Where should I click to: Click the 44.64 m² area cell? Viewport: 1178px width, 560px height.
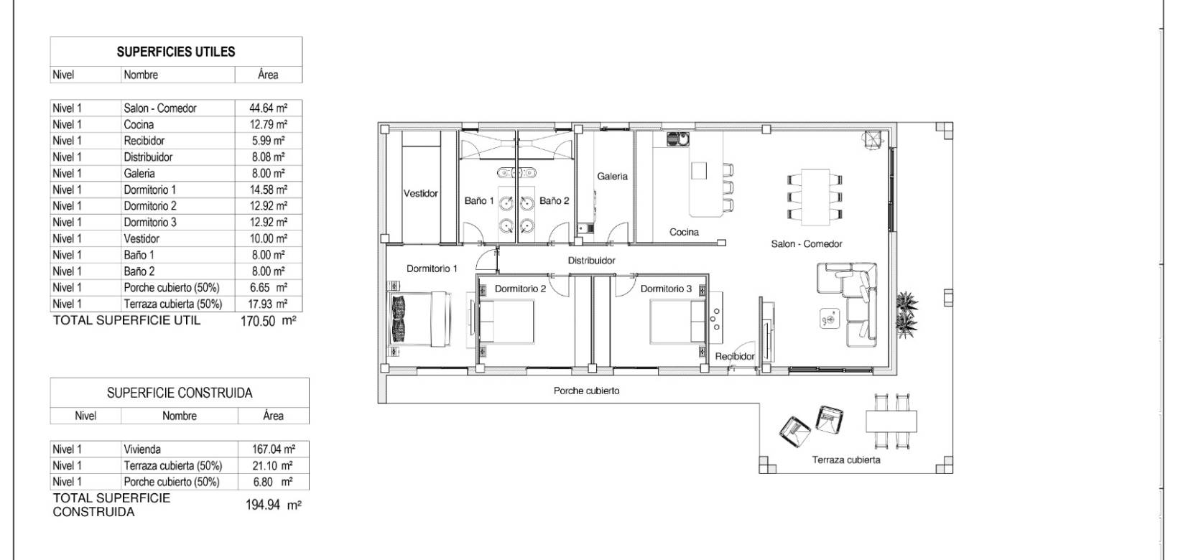click(x=268, y=108)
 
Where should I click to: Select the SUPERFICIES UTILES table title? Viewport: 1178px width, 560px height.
click(x=176, y=52)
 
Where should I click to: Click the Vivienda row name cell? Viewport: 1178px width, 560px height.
click(x=142, y=449)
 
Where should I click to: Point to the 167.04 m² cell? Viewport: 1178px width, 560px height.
click(x=273, y=449)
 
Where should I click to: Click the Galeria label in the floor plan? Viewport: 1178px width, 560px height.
click(x=612, y=176)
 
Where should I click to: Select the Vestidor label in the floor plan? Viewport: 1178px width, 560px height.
click(x=420, y=193)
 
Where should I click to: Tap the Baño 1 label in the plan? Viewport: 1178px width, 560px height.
click(x=479, y=201)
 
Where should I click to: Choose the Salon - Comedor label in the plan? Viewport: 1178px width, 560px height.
click(x=807, y=244)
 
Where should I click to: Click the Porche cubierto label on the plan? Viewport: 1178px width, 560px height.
click(x=586, y=391)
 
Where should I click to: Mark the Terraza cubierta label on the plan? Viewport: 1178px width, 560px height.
click(x=846, y=460)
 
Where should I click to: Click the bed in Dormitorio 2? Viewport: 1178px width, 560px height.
click(x=507, y=321)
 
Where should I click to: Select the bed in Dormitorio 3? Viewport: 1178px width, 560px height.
click(x=677, y=321)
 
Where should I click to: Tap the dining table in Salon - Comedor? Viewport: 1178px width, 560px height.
click(x=815, y=195)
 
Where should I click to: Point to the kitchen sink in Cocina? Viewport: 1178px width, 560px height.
click(x=677, y=138)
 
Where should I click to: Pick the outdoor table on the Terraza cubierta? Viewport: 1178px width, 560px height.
click(x=891, y=420)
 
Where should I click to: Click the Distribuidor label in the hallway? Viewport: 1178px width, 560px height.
click(x=591, y=261)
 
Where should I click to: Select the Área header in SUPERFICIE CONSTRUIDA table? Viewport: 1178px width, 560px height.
click(x=273, y=416)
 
